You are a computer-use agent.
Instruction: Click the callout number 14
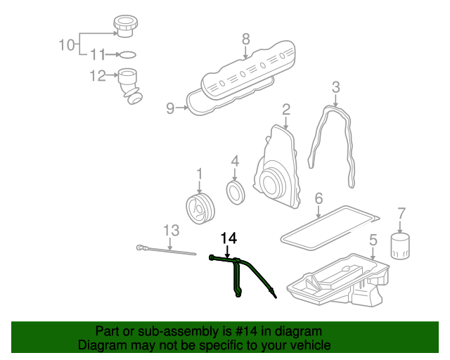[x=229, y=239]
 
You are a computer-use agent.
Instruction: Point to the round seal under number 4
[x=236, y=191]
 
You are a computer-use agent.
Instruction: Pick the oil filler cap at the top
[x=124, y=27]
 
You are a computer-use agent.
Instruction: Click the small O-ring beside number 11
[x=127, y=54]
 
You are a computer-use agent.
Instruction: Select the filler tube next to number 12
[x=129, y=84]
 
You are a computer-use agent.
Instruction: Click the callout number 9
[x=169, y=108]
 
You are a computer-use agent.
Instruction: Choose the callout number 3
[x=336, y=87]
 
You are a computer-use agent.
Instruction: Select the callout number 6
[x=319, y=198]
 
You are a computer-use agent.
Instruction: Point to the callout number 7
[x=402, y=212]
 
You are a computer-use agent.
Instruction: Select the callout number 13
[x=172, y=229]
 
